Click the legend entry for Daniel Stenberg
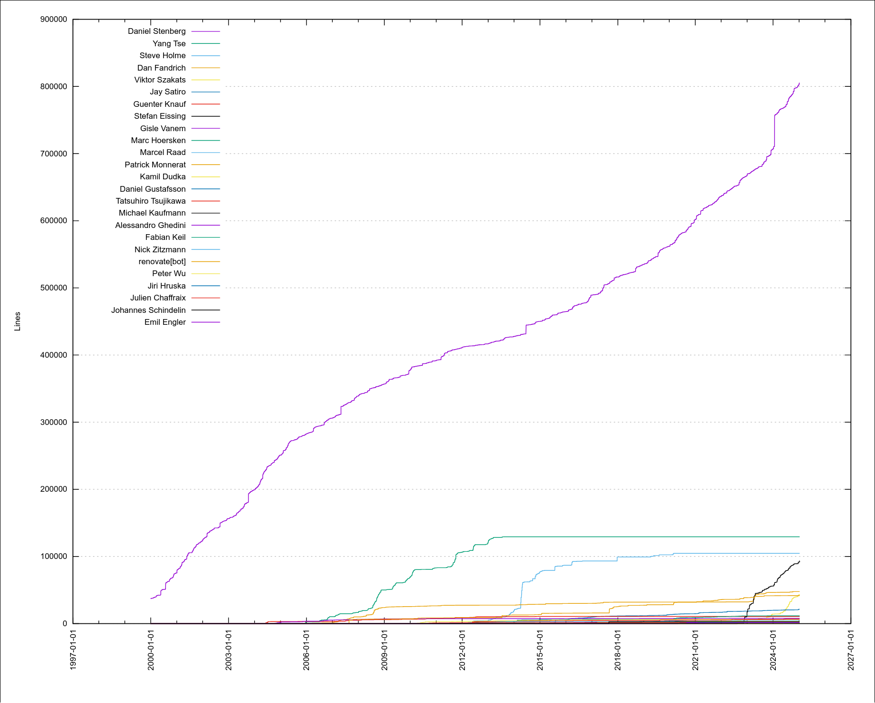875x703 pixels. click(x=156, y=31)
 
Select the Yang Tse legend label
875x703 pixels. click(x=169, y=43)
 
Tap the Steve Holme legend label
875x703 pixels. click(x=162, y=56)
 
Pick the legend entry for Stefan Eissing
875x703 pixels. click(x=160, y=116)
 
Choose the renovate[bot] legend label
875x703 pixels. click(x=162, y=262)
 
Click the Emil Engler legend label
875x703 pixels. click(x=165, y=322)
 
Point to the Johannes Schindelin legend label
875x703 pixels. click(x=148, y=310)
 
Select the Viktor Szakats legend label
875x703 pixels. click(x=160, y=80)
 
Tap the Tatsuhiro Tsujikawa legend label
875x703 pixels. click(x=151, y=201)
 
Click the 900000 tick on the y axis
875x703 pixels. click(x=53, y=20)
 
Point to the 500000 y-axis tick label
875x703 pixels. click(x=53, y=288)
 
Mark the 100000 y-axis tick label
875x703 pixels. click(x=53, y=557)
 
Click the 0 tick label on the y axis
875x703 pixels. click(x=64, y=624)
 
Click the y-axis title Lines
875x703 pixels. click(x=18, y=321)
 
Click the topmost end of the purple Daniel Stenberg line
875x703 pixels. click(x=799, y=83)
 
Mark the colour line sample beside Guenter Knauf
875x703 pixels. click(x=206, y=104)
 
